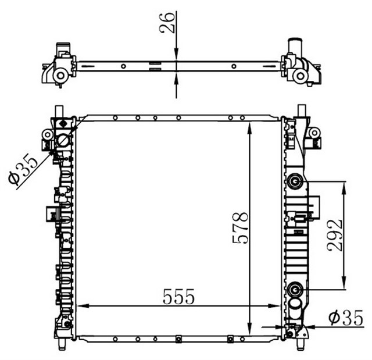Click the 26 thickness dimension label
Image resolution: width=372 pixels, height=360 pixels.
[x=167, y=23]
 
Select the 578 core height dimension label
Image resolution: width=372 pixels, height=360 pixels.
[x=240, y=228]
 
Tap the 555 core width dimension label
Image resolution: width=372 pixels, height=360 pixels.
[x=178, y=297]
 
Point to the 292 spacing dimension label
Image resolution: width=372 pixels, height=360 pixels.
[x=335, y=236]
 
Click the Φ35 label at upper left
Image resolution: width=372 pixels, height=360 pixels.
[x=23, y=169]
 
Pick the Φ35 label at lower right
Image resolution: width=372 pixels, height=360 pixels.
[x=346, y=318]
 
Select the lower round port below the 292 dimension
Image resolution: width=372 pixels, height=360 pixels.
[x=295, y=290]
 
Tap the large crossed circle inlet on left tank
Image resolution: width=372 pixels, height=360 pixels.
[x=63, y=141]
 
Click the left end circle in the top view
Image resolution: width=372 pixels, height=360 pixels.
[x=60, y=76]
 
